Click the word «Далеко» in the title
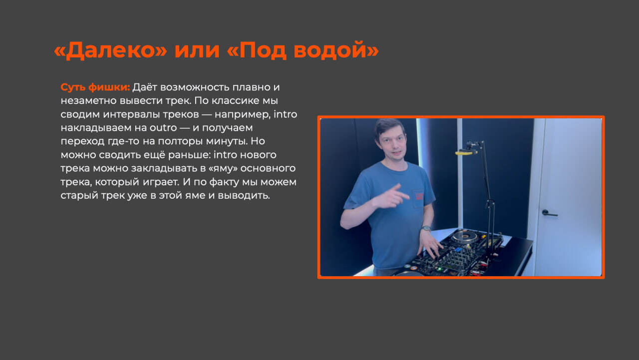[x=110, y=50]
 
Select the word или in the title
[x=197, y=50]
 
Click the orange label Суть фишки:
[x=95, y=87]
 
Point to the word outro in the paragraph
[x=163, y=128]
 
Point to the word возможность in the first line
[x=195, y=87]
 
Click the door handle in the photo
[x=550, y=213]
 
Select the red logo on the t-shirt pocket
[x=419, y=196]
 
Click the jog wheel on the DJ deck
[x=464, y=237]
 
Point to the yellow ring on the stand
[x=466, y=153]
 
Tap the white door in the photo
[x=568, y=197]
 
